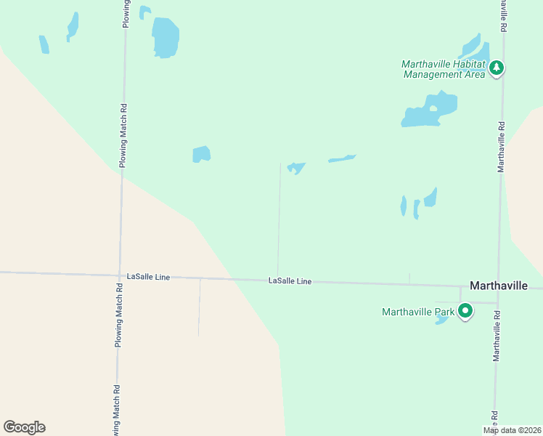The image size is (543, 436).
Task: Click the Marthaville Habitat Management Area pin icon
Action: click(497, 68)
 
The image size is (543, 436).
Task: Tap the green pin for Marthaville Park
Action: click(465, 312)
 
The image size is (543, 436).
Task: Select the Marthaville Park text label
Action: click(418, 312)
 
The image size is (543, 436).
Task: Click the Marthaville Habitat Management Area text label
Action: click(444, 69)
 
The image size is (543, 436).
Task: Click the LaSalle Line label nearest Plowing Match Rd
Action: click(148, 277)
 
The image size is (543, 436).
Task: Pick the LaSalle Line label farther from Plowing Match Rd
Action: click(290, 280)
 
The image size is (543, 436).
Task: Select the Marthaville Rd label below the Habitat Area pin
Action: click(500, 146)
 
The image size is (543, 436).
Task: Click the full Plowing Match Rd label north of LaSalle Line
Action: click(123, 135)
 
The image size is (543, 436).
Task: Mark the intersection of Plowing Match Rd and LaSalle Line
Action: click(121, 275)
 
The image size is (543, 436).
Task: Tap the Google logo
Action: click(24, 427)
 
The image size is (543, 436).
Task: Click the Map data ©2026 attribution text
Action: click(513, 430)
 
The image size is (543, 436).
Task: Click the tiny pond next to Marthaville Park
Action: click(441, 320)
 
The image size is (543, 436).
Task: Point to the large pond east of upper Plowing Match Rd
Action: click(165, 37)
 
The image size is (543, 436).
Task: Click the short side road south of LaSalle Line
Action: click(200, 307)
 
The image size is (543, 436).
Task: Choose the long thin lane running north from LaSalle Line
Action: click(279, 218)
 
